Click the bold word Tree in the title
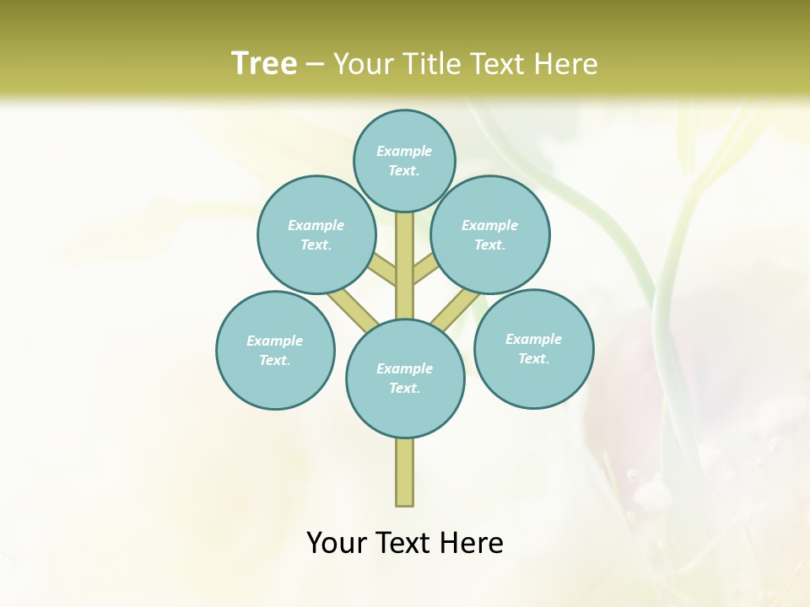[x=264, y=63]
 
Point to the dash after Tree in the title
[x=316, y=65]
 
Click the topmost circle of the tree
[x=404, y=160]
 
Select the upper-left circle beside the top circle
[x=316, y=234]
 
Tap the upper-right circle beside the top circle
[x=490, y=234]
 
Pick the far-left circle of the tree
[x=275, y=350]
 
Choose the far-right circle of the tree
[x=533, y=348]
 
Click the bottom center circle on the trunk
[x=405, y=378]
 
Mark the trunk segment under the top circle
[x=405, y=253]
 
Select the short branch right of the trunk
[x=426, y=271]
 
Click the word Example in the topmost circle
[x=404, y=151]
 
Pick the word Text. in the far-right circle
[x=533, y=358]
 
